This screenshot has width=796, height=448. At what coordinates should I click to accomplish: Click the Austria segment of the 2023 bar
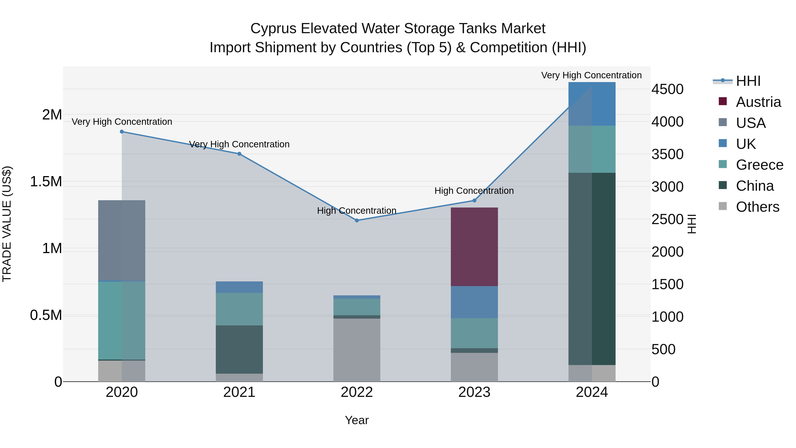[x=474, y=246]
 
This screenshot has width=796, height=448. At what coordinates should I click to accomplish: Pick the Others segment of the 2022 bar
[x=357, y=350]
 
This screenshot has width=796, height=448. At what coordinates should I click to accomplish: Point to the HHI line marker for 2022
[x=357, y=220]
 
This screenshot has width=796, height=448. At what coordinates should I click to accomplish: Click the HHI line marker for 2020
[x=122, y=132]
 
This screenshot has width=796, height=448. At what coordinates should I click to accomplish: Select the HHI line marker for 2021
[x=239, y=154]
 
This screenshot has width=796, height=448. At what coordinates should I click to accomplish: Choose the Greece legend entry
[x=759, y=165]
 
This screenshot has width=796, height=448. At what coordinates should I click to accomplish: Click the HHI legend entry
[x=748, y=81]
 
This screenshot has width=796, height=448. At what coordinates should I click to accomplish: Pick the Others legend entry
[x=757, y=207]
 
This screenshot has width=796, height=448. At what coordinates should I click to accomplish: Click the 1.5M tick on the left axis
[x=46, y=181]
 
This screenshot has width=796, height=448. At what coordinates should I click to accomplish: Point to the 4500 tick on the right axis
[x=668, y=89]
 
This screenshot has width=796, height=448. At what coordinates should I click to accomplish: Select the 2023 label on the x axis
[x=474, y=392]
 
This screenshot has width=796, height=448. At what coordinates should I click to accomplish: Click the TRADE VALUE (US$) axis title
[x=7, y=224]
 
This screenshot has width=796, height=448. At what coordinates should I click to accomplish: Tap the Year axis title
[x=357, y=420]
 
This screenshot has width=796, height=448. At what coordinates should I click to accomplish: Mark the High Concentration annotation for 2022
[x=357, y=211]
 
